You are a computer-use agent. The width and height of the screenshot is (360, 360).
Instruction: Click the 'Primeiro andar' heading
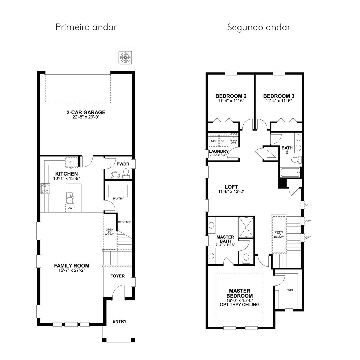86,27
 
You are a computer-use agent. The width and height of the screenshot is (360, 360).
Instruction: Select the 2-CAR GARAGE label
86,112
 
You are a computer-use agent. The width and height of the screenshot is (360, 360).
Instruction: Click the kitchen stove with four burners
45,188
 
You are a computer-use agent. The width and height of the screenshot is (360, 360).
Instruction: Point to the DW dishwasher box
70,208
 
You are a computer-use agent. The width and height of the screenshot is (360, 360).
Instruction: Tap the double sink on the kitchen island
70,198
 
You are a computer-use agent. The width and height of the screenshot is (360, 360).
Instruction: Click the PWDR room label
123,164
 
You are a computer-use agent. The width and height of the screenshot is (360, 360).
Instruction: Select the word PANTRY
118,198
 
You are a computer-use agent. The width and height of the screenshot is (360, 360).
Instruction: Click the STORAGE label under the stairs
125,222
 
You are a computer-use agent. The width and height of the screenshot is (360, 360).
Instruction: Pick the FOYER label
118,276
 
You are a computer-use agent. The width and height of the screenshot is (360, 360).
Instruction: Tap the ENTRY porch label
119,321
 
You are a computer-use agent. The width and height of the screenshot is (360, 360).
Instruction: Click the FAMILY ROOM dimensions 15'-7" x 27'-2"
72,270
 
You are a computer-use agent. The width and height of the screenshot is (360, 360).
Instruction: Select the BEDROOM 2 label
231,96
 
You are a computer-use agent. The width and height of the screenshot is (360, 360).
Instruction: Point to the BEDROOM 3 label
279,96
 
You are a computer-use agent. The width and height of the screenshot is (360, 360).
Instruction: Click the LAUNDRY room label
219,151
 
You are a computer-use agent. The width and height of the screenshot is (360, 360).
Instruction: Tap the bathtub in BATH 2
290,172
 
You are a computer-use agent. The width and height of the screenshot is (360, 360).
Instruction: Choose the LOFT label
231,187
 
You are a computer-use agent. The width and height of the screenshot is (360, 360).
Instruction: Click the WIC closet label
290,290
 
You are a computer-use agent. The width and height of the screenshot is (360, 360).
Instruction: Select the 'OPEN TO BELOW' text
279,234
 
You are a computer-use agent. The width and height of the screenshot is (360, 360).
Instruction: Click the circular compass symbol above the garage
125,57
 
